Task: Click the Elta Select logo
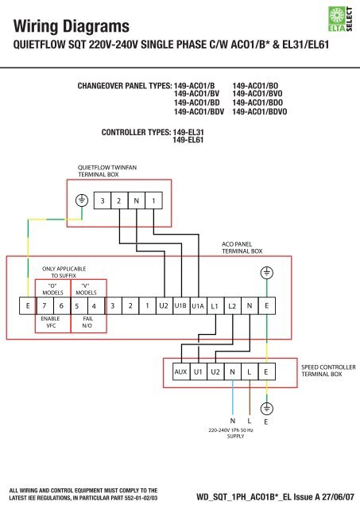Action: pyautogui.click(x=340, y=19)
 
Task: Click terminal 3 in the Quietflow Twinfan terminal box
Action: pyautogui.click(x=103, y=200)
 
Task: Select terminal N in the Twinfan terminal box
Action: pyautogui.click(x=137, y=200)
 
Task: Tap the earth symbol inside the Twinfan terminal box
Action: pyautogui.click(x=82, y=200)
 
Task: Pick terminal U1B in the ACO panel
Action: pyautogui.click(x=180, y=305)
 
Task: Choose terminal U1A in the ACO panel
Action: pyautogui.click(x=198, y=305)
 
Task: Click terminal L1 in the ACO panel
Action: pyautogui.click(x=215, y=305)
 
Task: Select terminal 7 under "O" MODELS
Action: pyautogui.click(x=45, y=305)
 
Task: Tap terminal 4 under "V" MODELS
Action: pyautogui.click(x=94, y=305)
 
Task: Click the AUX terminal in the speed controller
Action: pyautogui.click(x=180, y=371)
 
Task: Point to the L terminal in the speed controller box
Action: pyautogui.click(x=249, y=371)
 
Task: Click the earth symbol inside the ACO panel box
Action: pyautogui.click(x=266, y=273)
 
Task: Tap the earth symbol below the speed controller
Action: pyautogui.click(x=266, y=408)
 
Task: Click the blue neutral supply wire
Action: pyautogui.click(x=233, y=398)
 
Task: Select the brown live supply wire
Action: pyautogui.click(x=250, y=398)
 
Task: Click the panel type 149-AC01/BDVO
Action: pyautogui.click(x=259, y=111)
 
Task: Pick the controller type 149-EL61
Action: pyautogui.click(x=188, y=140)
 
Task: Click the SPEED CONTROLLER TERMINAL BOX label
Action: pyautogui.click(x=328, y=371)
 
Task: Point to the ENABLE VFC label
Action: pyautogui.click(x=51, y=322)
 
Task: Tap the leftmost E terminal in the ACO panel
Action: pyautogui.click(x=28, y=305)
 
